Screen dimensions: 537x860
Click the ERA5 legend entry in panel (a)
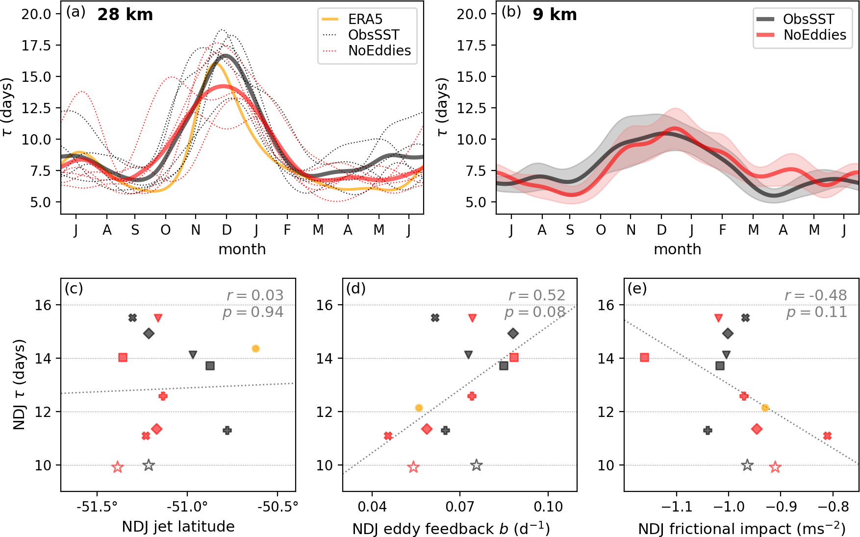tap(365, 19)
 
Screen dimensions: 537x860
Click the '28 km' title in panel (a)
tap(125, 15)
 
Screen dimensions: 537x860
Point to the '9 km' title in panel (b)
tap(555, 15)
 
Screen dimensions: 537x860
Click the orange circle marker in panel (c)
tap(255, 348)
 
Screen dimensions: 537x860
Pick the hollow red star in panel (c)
tap(117, 467)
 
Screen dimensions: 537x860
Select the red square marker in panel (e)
tap(644, 358)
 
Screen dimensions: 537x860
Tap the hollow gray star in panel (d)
tap(476, 465)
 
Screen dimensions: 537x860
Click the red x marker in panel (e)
tap(827, 436)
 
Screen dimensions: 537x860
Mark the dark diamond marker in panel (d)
tap(513, 334)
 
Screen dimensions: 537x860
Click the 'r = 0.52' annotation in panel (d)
tap(536, 295)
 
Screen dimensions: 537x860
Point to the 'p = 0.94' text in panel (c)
tap(253, 312)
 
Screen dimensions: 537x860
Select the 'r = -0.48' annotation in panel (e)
tap(815, 295)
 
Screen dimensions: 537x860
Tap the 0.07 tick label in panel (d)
tap(459, 506)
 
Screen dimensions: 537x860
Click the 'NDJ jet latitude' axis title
tap(178, 527)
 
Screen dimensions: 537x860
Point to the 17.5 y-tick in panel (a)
tap(36, 46)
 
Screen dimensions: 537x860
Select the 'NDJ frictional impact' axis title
tap(741, 529)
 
